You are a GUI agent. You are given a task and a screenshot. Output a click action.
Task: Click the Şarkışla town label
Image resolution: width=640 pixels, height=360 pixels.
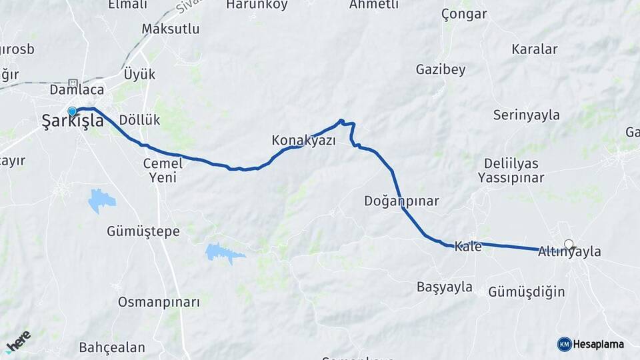click(x=73, y=121)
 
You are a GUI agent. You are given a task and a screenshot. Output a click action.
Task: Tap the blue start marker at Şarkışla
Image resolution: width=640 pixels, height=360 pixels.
click(x=73, y=112)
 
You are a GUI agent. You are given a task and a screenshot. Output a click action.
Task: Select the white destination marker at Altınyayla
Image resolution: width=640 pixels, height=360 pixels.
click(x=569, y=244)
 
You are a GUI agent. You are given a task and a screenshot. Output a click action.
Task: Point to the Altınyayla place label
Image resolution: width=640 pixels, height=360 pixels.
click(x=569, y=252)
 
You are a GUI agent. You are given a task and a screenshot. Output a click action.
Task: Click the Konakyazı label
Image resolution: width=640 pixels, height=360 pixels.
click(x=303, y=141)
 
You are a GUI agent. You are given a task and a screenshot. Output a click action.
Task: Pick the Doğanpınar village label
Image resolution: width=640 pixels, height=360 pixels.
click(x=401, y=201)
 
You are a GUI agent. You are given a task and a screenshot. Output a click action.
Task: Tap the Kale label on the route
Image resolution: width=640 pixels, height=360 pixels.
click(x=468, y=247)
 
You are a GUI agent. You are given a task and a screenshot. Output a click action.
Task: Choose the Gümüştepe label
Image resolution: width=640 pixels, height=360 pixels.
click(x=143, y=231)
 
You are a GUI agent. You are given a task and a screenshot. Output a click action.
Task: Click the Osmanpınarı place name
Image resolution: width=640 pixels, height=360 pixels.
click(x=159, y=302)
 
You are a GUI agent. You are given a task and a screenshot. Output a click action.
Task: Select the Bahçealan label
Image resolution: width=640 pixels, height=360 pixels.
click(x=112, y=347)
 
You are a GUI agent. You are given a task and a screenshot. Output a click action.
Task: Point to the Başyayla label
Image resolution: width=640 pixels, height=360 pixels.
click(x=445, y=287)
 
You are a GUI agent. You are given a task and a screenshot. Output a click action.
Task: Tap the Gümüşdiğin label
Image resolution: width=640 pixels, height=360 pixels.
click(x=527, y=292)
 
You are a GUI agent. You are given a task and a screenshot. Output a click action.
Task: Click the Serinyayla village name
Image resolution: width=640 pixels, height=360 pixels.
click(x=527, y=115)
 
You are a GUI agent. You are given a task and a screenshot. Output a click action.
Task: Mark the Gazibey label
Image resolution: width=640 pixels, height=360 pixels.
click(x=440, y=69)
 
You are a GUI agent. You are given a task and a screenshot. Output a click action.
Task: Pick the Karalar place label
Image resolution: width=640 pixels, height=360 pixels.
click(x=535, y=49)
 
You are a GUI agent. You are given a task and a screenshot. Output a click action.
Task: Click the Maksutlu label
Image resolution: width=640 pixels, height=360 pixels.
click(x=171, y=29)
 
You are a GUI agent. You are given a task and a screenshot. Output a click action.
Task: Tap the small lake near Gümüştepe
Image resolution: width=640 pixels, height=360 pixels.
click(x=101, y=199)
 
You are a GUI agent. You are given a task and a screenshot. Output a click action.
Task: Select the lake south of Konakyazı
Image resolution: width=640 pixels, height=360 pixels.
click(x=223, y=252)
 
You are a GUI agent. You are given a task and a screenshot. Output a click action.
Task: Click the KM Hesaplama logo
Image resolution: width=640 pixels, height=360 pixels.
click(x=591, y=344)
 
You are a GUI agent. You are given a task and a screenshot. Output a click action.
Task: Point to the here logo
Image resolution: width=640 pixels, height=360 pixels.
click(x=19, y=341)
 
